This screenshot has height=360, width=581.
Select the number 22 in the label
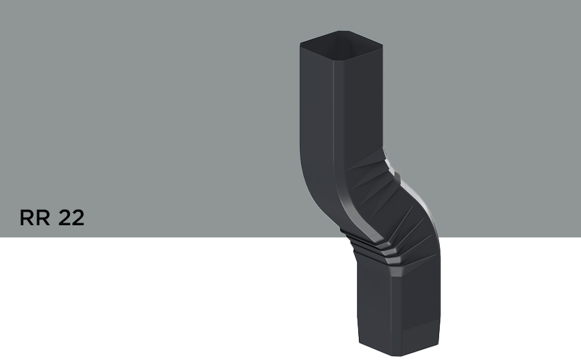71,218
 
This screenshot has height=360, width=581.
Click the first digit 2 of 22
64,218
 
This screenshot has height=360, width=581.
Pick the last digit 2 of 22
78,218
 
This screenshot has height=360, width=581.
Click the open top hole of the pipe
341,44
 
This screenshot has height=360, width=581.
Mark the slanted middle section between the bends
372,205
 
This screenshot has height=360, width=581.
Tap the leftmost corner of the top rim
300,44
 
